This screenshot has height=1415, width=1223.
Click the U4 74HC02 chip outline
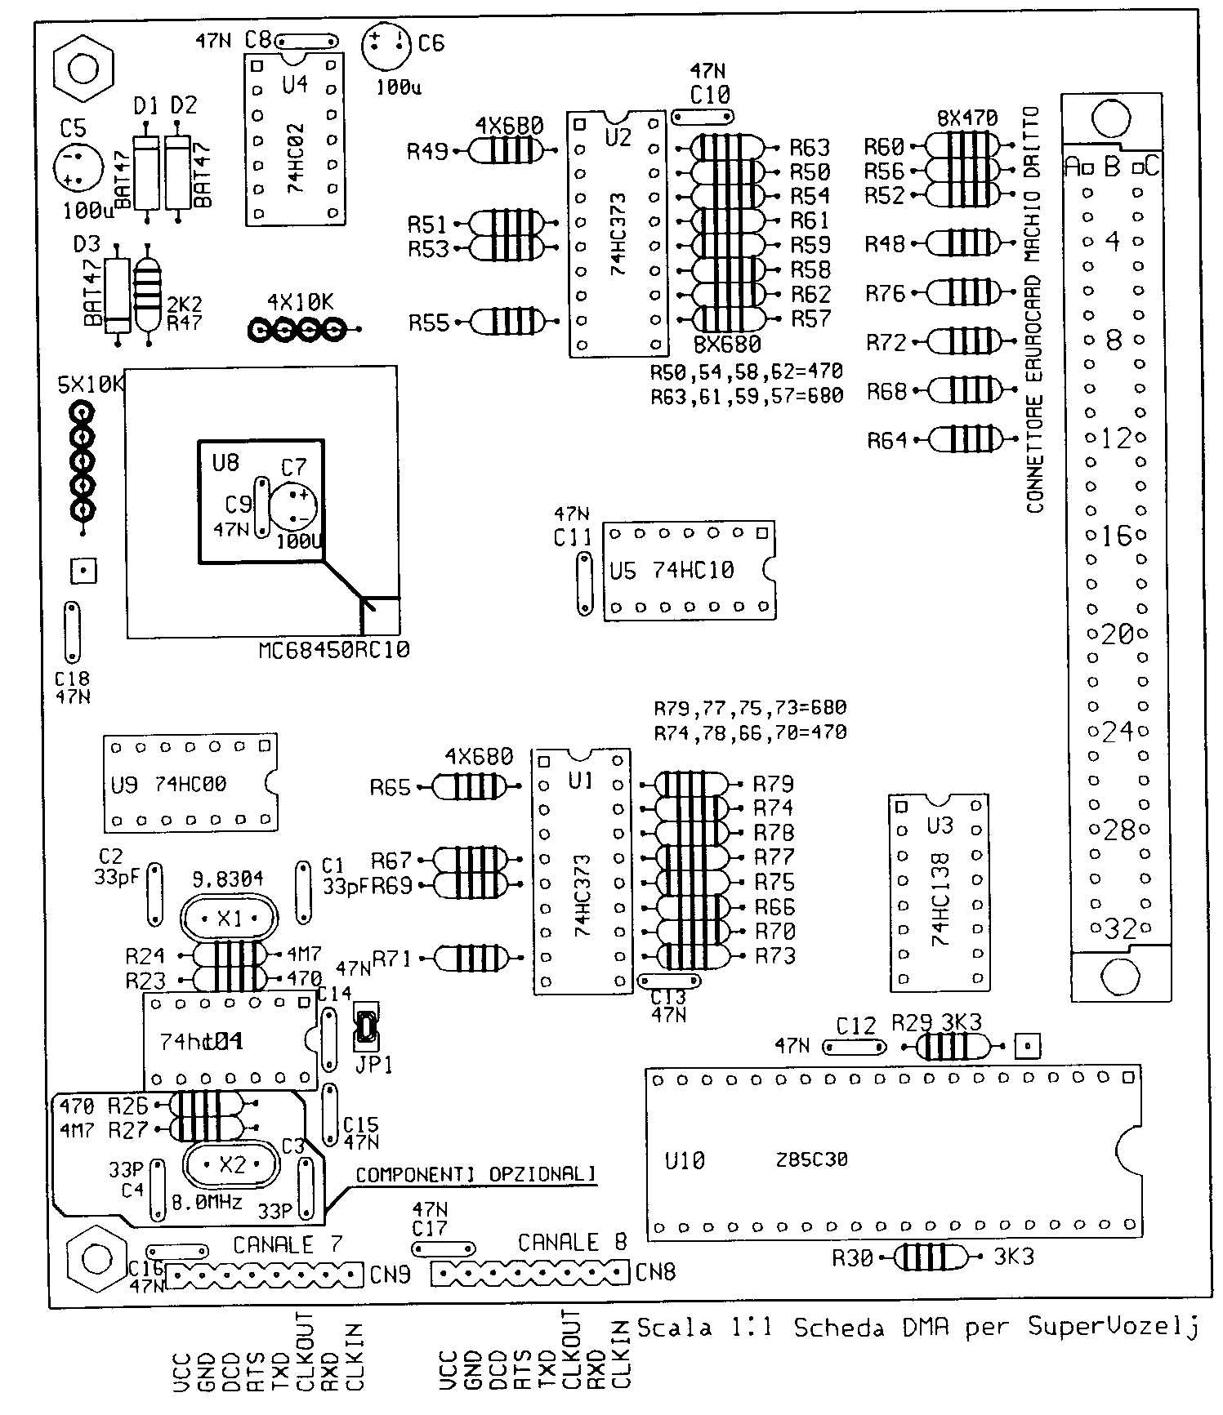pyautogui.click(x=294, y=139)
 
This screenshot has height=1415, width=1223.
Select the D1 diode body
pyautogui.click(x=147, y=172)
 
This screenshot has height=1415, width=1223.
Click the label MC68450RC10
pyautogui.click(x=334, y=651)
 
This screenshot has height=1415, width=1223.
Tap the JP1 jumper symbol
pyautogui.click(x=365, y=1029)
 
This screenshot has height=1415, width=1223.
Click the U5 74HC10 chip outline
pyautogui.click(x=689, y=571)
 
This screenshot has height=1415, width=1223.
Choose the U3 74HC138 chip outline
pyautogui.click(x=938, y=892)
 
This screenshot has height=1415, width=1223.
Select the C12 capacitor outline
pyautogui.click(x=854, y=1046)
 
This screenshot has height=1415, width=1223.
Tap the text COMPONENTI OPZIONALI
pyautogui.click(x=475, y=1175)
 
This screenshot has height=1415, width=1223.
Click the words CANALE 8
pyautogui.click(x=572, y=1243)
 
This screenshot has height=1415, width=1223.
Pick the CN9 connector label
pyautogui.click(x=390, y=1274)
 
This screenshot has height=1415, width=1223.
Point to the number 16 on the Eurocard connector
pyautogui.click(x=1116, y=536)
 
